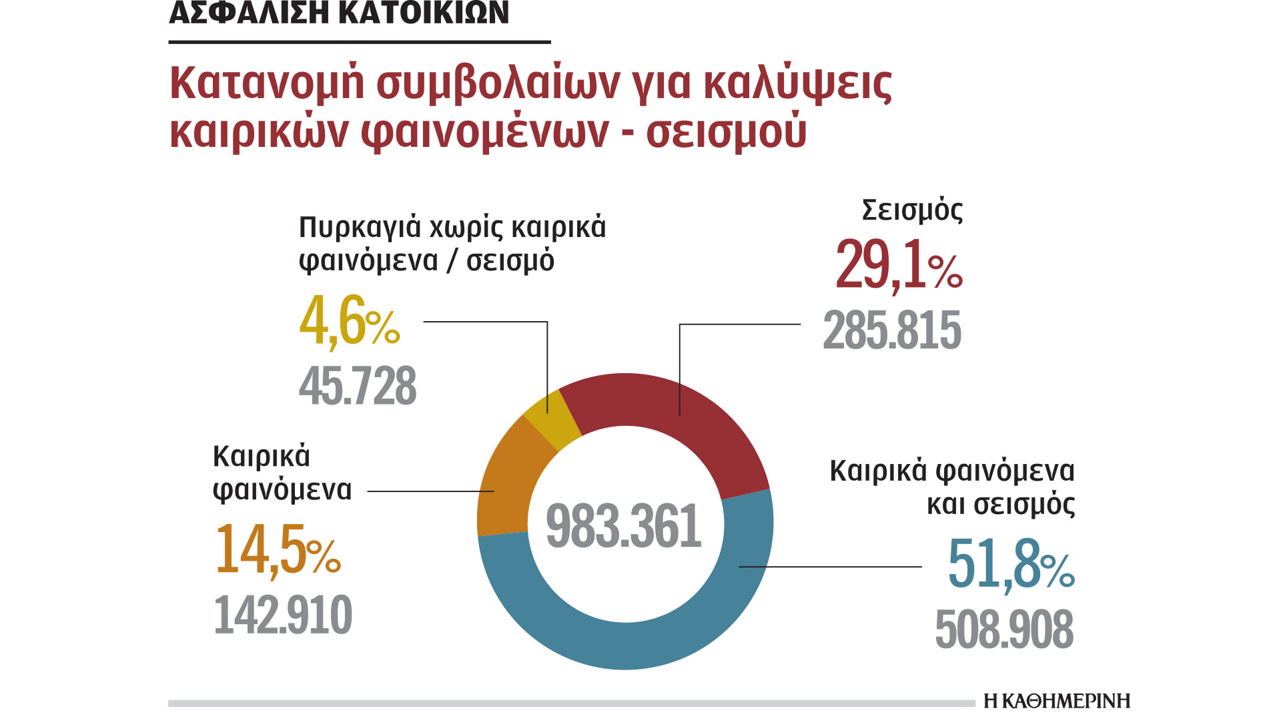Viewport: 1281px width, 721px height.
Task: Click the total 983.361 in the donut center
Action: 624,526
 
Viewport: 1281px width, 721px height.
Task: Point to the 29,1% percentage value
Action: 898,266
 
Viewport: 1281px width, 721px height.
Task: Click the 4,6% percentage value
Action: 349,322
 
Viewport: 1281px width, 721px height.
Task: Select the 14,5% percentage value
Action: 277,550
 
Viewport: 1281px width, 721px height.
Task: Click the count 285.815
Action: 892,330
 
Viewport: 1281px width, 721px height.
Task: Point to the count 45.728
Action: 358,387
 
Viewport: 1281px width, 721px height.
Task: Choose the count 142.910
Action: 283,615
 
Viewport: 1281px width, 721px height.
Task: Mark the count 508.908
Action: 1004,629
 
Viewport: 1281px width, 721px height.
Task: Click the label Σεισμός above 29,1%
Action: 912,210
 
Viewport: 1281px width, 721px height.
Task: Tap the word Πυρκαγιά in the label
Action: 358,228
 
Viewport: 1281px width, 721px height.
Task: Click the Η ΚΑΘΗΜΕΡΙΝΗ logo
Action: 1057,701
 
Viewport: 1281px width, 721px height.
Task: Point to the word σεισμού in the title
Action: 726,132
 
